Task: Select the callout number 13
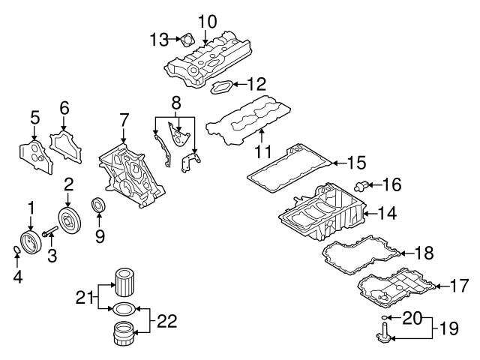point(159,37)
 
